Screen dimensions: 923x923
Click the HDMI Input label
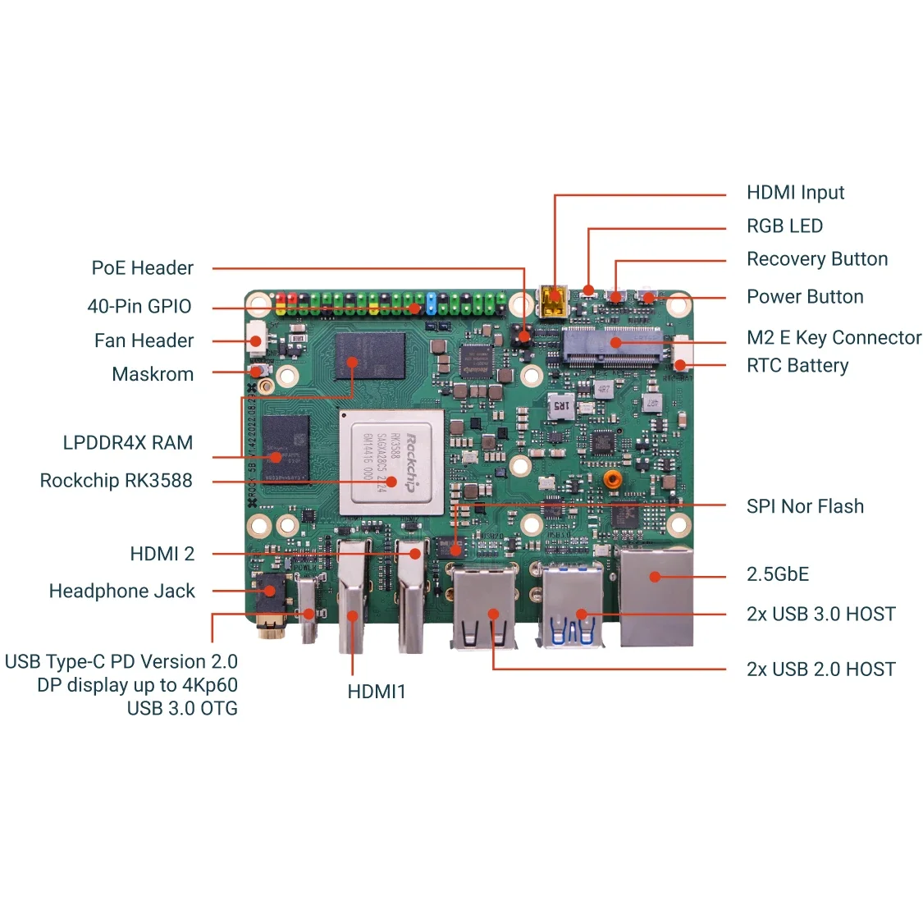(794, 193)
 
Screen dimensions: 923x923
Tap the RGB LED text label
(784, 226)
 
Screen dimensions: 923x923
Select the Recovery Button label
(816, 259)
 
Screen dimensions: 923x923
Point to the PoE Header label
(142, 268)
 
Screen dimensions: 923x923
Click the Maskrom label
(153, 374)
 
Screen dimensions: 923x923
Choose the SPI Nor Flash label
(804, 506)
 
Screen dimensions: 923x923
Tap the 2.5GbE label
(777, 574)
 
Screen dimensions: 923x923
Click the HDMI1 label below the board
(376, 692)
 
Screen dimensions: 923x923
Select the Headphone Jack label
(121, 591)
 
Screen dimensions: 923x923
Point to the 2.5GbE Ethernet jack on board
(656, 596)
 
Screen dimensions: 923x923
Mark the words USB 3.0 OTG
(181, 708)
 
